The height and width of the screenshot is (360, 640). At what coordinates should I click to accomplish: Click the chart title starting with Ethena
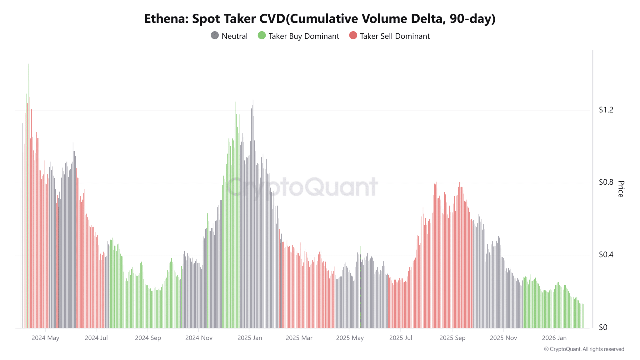click(320, 19)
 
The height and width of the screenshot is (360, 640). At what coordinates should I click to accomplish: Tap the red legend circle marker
click(353, 36)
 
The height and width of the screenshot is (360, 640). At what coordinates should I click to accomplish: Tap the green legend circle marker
click(262, 36)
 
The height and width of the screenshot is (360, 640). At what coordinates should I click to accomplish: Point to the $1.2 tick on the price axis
click(606, 110)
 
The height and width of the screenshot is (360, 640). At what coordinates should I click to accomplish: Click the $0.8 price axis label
click(606, 182)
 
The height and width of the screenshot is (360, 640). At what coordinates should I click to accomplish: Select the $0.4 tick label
click(606, 255)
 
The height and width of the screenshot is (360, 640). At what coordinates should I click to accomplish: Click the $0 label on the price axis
click(603, 327)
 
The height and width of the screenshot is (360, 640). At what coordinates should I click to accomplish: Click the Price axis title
click(621, 189)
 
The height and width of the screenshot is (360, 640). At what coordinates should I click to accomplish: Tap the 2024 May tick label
click(45, 338)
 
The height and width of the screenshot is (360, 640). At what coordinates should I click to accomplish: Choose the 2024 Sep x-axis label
click(148, 338)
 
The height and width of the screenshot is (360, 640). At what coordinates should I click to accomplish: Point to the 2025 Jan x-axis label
click(250, 338)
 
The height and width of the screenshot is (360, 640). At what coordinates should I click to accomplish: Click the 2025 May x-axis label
click(350, 338)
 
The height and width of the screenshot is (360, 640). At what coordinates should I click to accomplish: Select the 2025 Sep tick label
click(452, 338)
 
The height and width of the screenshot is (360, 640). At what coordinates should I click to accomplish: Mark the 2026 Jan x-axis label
click(554, 338)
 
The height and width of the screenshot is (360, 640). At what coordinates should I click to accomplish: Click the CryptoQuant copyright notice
click(584, 349)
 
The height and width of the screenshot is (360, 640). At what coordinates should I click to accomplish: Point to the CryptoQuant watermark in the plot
click(302, 187)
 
